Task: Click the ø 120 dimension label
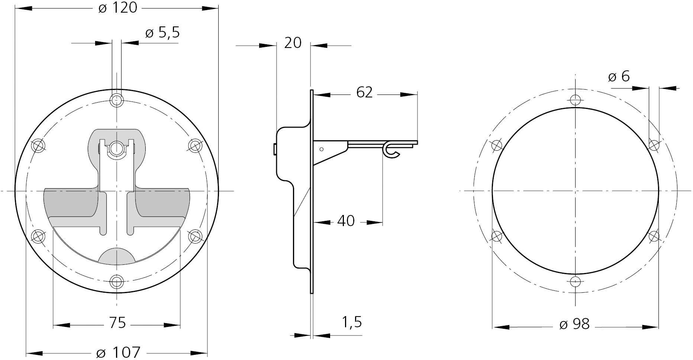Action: [117, 7]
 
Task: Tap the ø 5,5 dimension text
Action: [162, 33]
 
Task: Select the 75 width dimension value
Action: [117, 323]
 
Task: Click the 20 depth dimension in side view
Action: [293, 43]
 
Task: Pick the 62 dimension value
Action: [364, 92]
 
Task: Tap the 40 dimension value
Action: [346, 221]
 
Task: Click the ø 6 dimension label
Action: [619, 77]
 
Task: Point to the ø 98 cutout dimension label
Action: [574, 324]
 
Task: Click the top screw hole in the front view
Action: [117, 100]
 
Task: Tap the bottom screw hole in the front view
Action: [117, 282]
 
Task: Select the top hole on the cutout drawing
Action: [575, 100]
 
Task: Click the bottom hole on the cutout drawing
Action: [575, 282]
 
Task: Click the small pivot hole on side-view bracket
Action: [322, 149]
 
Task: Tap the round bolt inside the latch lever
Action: [117, 148]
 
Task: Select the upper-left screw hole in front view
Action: [38, 145]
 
